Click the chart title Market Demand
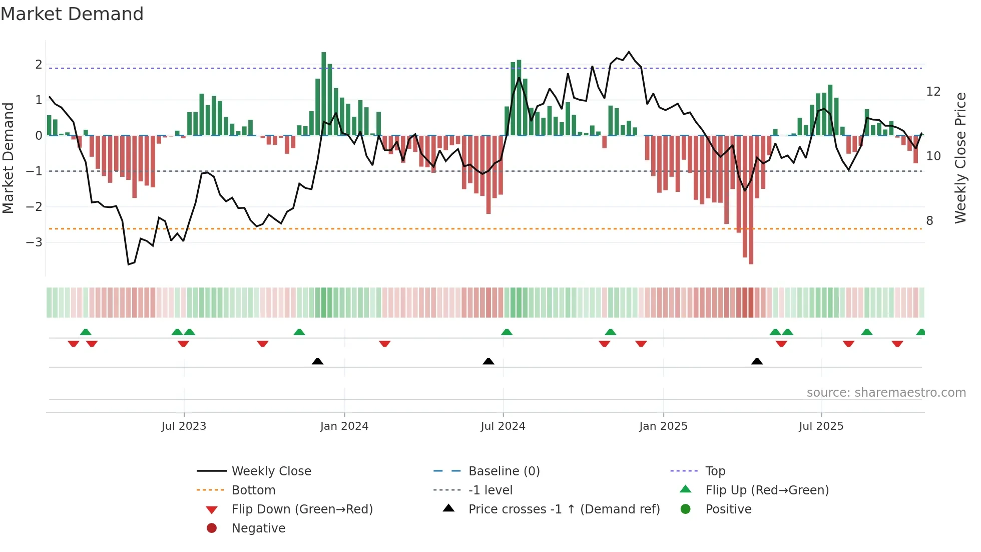pyautogui.click(x=72, y=14)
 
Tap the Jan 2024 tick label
pyautogui.click(x=344, y=426)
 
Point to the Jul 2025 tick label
pyautogui.click(x=821, y=426)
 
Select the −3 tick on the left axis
pyautogui.click(x=34, y=242)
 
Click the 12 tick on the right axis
pyautogui.click(x=933, y=92)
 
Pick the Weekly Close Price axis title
pyautogui.click(x=960, y=158)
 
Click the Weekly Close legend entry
pyautogui.click(x=271, y=471)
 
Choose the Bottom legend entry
pyautogui.click(x=253, y=490)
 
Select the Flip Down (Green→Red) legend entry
pyautogui.click(x=302, y=509)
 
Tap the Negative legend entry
pyautogui.click(x=258, y=528)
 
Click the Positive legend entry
pyautogui.click(x=728, y=509)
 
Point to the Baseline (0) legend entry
pyautogui.click(x=504, y=471)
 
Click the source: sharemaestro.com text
pyautogui.click(x=886, y=393)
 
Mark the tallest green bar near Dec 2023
pyautogui.click(x=324, y=94)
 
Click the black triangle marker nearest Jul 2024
pyautogui.click(x=488, y=361)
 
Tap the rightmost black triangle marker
pyautogui.click(x=757, y=361)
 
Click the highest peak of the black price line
pyautogui.click(x=629, y=52)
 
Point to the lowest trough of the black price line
pyautogui.click(x=129, y=264)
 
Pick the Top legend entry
pyautogui.click(x=715, y=471)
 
